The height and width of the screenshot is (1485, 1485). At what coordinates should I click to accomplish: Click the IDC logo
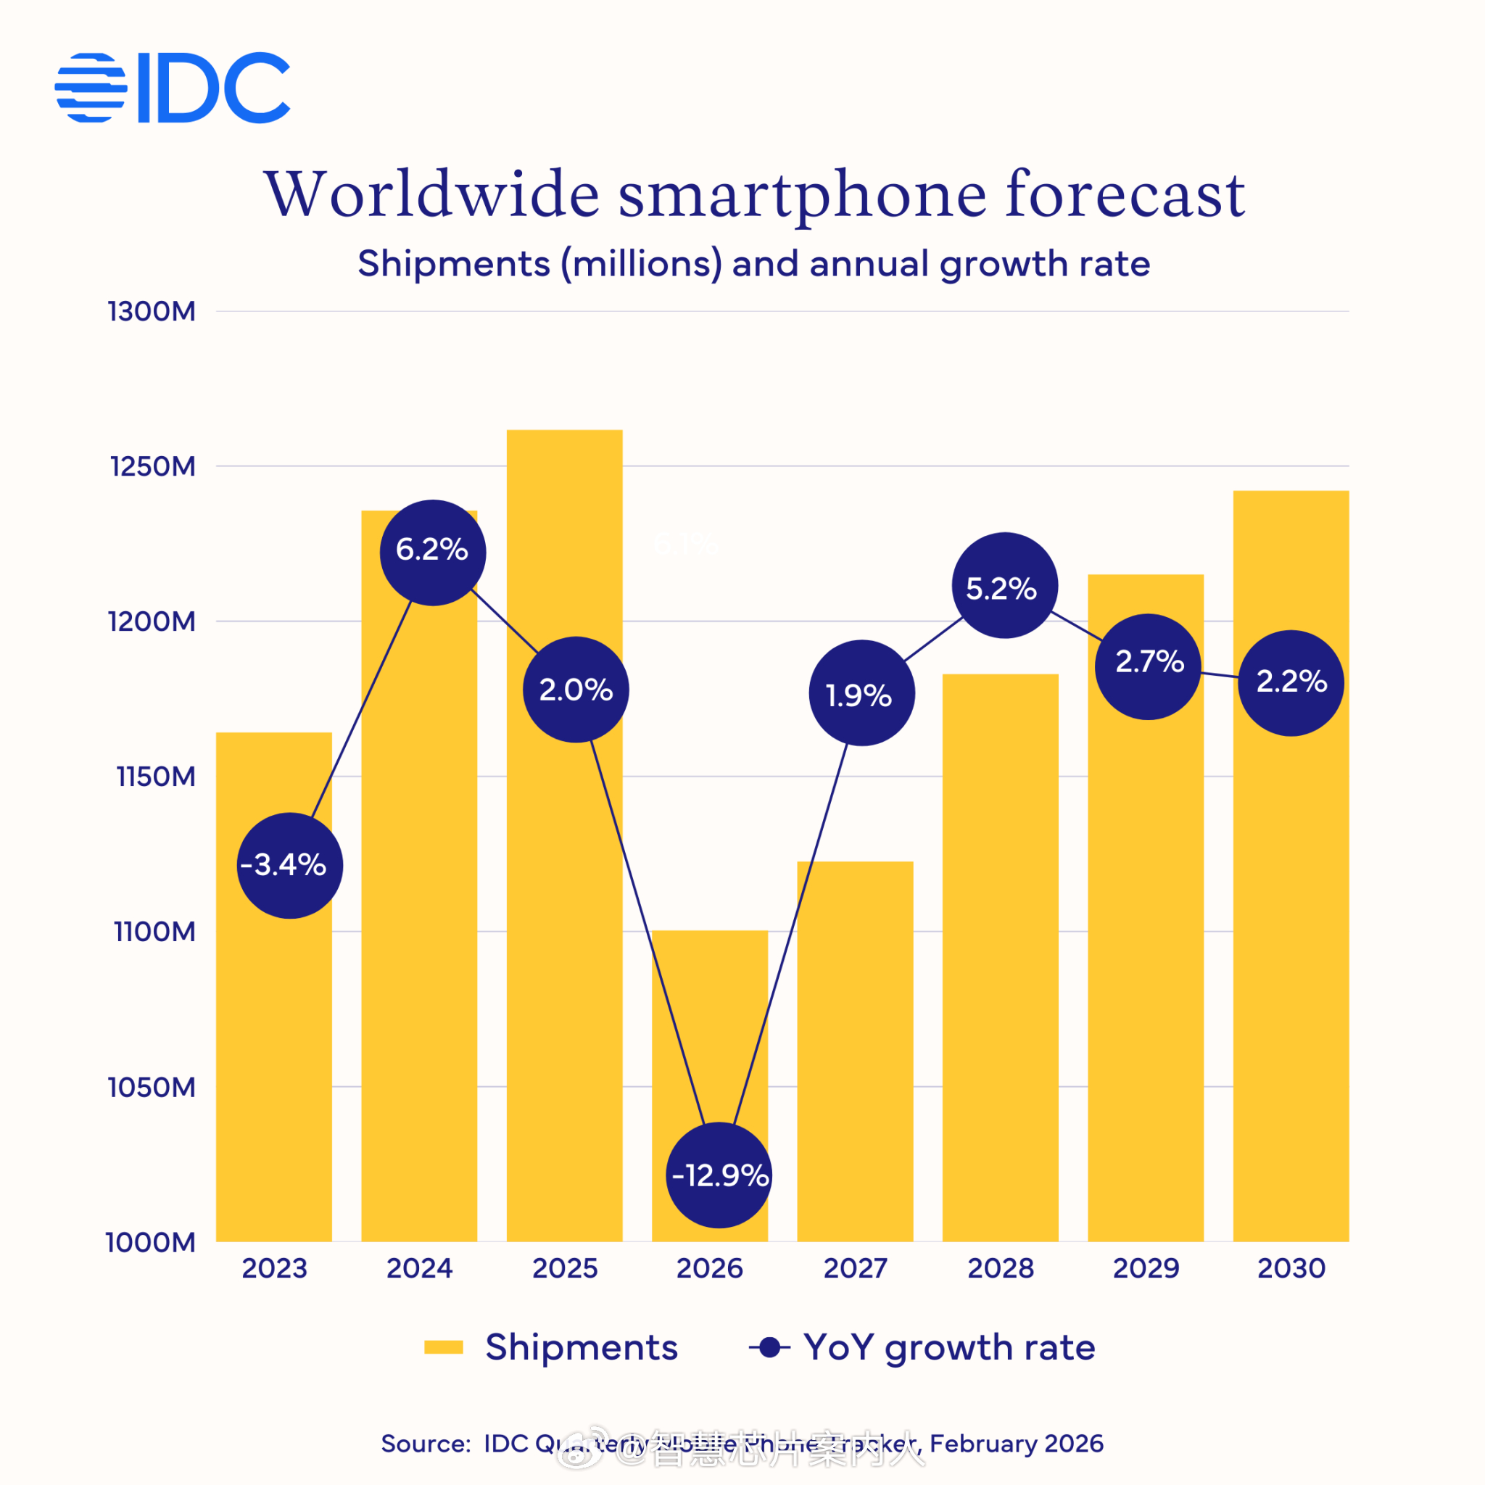click(x=172, y=88)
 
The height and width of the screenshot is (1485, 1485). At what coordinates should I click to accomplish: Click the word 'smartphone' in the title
click(x=802, y=194)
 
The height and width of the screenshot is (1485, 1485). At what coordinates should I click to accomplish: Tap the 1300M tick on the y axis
click(x=152, y=312)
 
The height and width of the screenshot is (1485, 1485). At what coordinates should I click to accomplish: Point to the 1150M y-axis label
click(x=156, y=777)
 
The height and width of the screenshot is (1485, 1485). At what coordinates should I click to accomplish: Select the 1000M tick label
click(x=151, y=1242)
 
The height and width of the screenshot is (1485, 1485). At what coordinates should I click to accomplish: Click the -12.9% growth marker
click(x=719, y=1175)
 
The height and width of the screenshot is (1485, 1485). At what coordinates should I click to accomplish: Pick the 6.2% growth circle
click(x=433, y=552)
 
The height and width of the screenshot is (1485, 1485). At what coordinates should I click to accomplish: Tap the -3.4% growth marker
click(x=289, y=866)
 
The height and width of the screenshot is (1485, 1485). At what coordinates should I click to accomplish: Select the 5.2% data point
click(x=1004, y=586)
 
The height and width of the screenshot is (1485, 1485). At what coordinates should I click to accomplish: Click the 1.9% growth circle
click(x=861, y=692)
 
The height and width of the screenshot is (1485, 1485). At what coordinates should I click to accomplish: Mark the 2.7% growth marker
click(x=1148, y=666)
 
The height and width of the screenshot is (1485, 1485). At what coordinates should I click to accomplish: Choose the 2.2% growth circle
click(x=1291, y=682)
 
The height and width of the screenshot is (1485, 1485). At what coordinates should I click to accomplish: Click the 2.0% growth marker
click(x=576, y=690)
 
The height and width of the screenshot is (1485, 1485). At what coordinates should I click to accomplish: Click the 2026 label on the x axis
click(x=709, y=1268)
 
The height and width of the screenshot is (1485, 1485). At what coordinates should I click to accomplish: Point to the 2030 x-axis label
click(x=1291, y=1268)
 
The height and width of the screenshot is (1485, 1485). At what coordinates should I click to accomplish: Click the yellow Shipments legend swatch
click(x=444, y=1347)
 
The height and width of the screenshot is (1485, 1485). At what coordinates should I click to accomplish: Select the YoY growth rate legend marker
click(x=769, y=1347)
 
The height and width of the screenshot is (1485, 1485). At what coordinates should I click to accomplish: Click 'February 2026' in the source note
click(x=1016, y=1444)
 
